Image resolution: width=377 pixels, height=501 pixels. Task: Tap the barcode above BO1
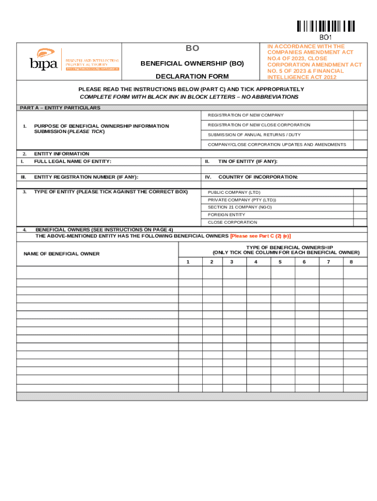(x=325, y=26)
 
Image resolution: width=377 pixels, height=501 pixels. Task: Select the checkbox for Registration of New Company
(x=360, y=115)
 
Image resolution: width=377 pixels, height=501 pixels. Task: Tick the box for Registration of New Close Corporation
(x=360, y=125)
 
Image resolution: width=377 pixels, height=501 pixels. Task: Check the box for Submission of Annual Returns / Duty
(x=360, y=135)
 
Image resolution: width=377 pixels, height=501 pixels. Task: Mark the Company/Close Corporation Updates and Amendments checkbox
(x=360, y=144)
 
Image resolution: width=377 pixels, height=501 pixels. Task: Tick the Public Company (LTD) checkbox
(x=360, y=192)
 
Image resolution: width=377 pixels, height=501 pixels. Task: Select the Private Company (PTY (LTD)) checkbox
(x=360, y=200)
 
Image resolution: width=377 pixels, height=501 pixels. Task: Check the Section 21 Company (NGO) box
(x=360, y=207)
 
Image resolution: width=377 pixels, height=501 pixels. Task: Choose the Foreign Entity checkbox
(x=360, y=214)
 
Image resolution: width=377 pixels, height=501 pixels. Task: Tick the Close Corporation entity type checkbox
(x=360, y=222)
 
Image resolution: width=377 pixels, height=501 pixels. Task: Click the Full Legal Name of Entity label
(x=72, y=161)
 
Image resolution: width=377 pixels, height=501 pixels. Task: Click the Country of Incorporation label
(x=258, y=177)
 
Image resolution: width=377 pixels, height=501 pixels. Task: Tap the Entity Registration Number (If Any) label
(x=86, y=177)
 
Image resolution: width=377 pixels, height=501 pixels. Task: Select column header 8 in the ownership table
(x=351, y=262)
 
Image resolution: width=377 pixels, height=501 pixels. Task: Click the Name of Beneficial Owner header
(x=62, y=253)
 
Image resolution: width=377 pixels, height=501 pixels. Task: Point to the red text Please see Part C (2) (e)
(x=260, y=236)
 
